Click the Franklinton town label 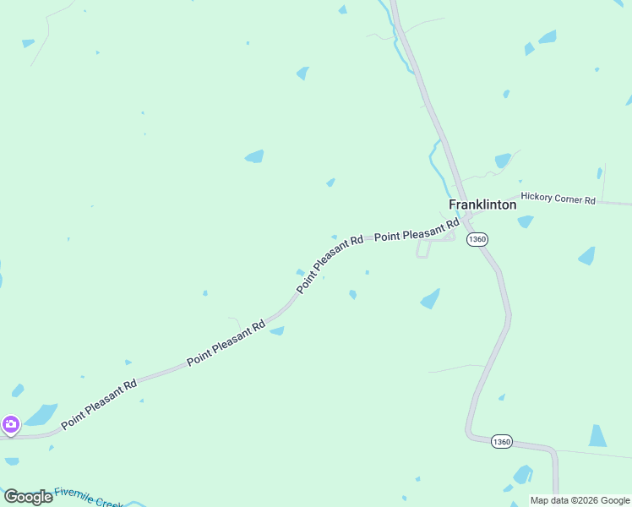click(482, 204)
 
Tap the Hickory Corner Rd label click(558, 198)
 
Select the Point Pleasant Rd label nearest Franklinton click(416, 231)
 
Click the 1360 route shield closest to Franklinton click(477, 239)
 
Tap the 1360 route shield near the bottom click(501, 442)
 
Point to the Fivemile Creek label click(88, 497)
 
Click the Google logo click(28, 497)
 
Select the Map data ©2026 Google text click(580, 500)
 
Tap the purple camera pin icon click(10, 423)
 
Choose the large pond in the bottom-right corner click(597, 436)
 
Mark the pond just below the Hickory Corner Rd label click(526, 221)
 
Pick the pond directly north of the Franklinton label click(503, 160)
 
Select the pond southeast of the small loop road click(430, 298)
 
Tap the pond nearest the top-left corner click(28, 43)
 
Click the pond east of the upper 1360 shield click(586, 255)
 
